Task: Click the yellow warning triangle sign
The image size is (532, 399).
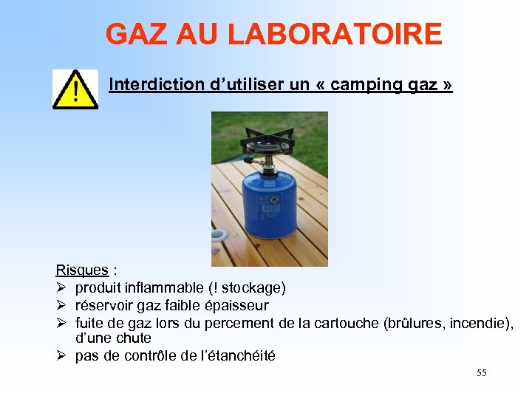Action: pyautogui.click(x=75, y=89)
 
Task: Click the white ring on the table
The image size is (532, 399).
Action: pyautogui.click(x=219, y=236)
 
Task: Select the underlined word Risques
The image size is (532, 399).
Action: pyautogui.click(x=82, y=270)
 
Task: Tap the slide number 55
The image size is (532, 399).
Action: pyautogui.click(x=482, y=373)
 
